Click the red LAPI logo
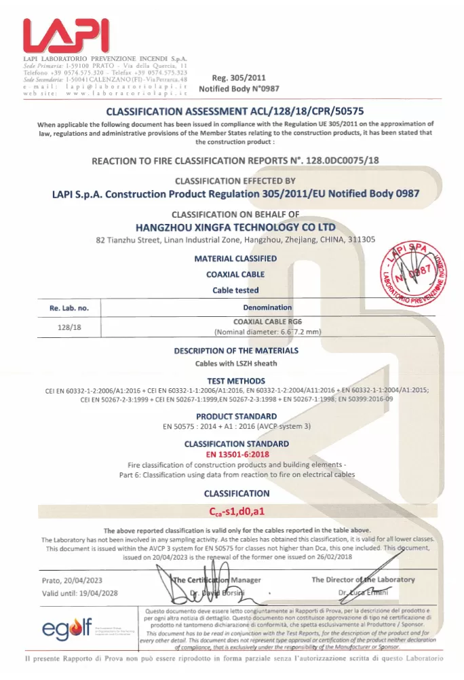coord(65,35)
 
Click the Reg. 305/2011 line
coord(233,78)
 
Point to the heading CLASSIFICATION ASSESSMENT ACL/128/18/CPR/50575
coord(233,111)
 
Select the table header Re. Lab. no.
coord(70,308)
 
